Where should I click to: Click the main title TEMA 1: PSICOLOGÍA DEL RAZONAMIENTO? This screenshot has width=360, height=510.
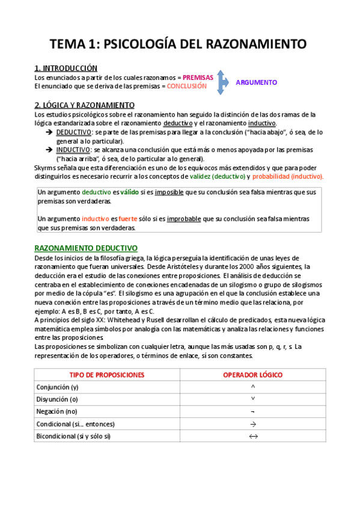178,44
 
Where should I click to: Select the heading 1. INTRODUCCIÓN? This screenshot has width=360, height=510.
66,68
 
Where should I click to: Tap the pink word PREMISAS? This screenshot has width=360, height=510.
198,78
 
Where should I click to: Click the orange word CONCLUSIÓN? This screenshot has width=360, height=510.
186,86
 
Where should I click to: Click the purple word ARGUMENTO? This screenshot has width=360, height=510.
256,82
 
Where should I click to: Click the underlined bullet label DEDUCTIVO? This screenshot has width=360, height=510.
74,132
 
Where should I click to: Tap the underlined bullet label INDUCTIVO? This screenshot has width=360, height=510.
73,150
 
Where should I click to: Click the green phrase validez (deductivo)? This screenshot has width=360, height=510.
218,177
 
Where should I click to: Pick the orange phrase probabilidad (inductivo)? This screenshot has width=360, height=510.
288,177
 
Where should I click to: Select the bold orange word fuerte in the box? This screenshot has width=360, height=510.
127,220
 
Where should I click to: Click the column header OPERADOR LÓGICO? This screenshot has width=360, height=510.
252,375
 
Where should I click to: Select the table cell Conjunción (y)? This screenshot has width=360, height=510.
58,387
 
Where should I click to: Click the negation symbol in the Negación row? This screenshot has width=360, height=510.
252,412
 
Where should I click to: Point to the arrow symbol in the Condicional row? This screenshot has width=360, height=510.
252,424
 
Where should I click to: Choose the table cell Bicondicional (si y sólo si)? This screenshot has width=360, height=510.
73,436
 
